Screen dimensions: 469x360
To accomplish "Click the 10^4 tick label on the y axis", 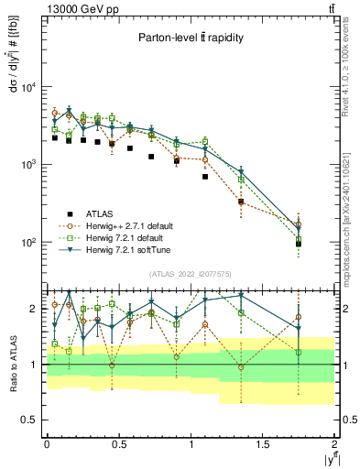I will point(27,88).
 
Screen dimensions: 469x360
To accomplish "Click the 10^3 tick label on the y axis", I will point(27,165).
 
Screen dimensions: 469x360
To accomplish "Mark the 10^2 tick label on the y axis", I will point(27,243).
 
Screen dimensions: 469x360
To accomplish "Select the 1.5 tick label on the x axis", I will point(263,443).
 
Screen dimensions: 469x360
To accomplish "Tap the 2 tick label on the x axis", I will point(335,443).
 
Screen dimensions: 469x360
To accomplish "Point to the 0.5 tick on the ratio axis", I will point(31,420).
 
